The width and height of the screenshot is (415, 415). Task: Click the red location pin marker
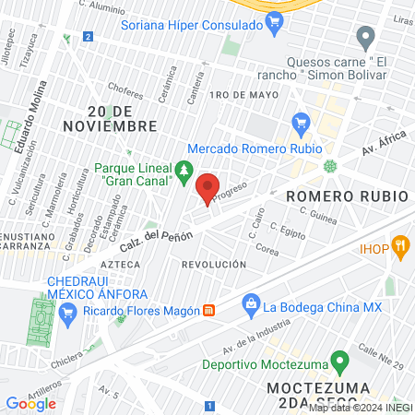[207, 187]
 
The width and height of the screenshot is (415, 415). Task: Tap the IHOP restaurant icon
[399, 245]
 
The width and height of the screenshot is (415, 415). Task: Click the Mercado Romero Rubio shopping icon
[300, 123]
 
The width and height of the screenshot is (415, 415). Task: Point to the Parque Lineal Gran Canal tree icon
[184, 170]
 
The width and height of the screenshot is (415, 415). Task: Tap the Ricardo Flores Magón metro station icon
[209, 310]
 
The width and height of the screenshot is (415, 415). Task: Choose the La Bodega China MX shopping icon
[250, 302]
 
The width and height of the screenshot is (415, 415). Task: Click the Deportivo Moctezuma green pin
[339, 360]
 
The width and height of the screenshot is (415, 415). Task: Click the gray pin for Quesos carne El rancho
[366, 39]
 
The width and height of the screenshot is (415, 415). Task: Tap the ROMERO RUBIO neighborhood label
[334, 196]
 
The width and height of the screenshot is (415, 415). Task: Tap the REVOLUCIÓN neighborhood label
[214, 265]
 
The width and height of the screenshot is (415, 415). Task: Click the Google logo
[30, 403]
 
